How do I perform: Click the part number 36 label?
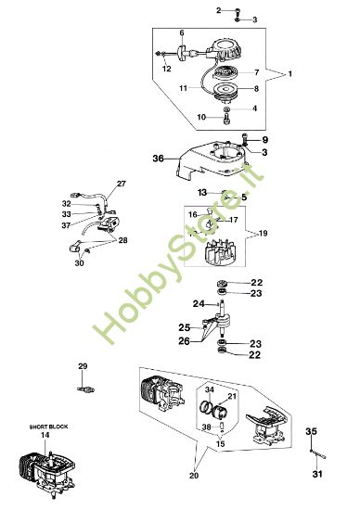pyautogui.click(x=159, y=159)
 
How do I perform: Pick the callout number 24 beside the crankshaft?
pyautogui.click(x=198, y=303)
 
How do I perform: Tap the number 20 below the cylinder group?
pyautogui.click(x=195, y=477)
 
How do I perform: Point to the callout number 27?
pyautogui.click(x=122, y=183)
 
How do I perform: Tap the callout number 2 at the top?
pyautogui.click(x=219, y=9)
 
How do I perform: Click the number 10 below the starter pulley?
pyautogui.click(x=201, y=117)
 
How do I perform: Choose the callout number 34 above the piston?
pyautogui.click(x=210, y=389)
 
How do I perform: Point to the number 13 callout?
pyautogui.click(x=201, y=192)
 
